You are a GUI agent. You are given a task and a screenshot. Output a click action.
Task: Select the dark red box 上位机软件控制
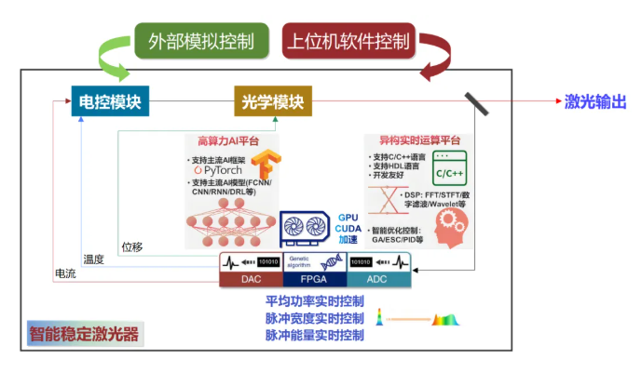pyautogui.click(x=347, y=41)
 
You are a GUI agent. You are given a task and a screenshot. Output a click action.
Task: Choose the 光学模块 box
pyautogui.click(x=274, y=100)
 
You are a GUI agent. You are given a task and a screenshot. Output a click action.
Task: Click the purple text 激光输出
pyautogui.click(x=595, y=101)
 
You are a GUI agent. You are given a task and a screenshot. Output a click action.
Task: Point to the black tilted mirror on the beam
pyautogui.click(x=477, y=101)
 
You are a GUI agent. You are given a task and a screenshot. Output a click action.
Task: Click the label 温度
pyautogui.click(x=93, y=259)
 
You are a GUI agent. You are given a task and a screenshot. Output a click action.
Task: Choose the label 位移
pyautogui.click(x=131, y=246)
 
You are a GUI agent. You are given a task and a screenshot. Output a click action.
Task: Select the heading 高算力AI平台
pyautogui.click(x=228, y=141)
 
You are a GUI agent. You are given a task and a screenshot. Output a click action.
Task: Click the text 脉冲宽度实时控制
pyautogui.click(x=315, y=318)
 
